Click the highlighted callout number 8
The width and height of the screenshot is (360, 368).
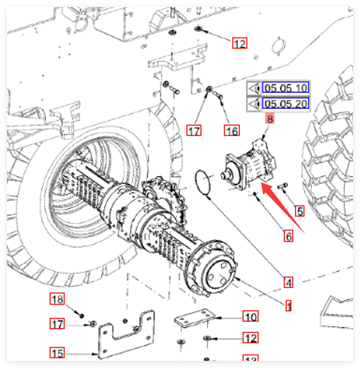270,119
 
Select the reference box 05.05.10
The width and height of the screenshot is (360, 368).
285,87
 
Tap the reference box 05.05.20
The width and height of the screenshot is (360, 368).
285,103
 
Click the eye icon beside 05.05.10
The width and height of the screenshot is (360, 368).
254,88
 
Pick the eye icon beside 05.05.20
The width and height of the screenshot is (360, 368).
254,103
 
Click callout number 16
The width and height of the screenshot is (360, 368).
232,131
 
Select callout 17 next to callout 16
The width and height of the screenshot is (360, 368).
194,131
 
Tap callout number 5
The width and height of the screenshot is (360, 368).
300,211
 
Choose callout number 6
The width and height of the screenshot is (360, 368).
288,236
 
